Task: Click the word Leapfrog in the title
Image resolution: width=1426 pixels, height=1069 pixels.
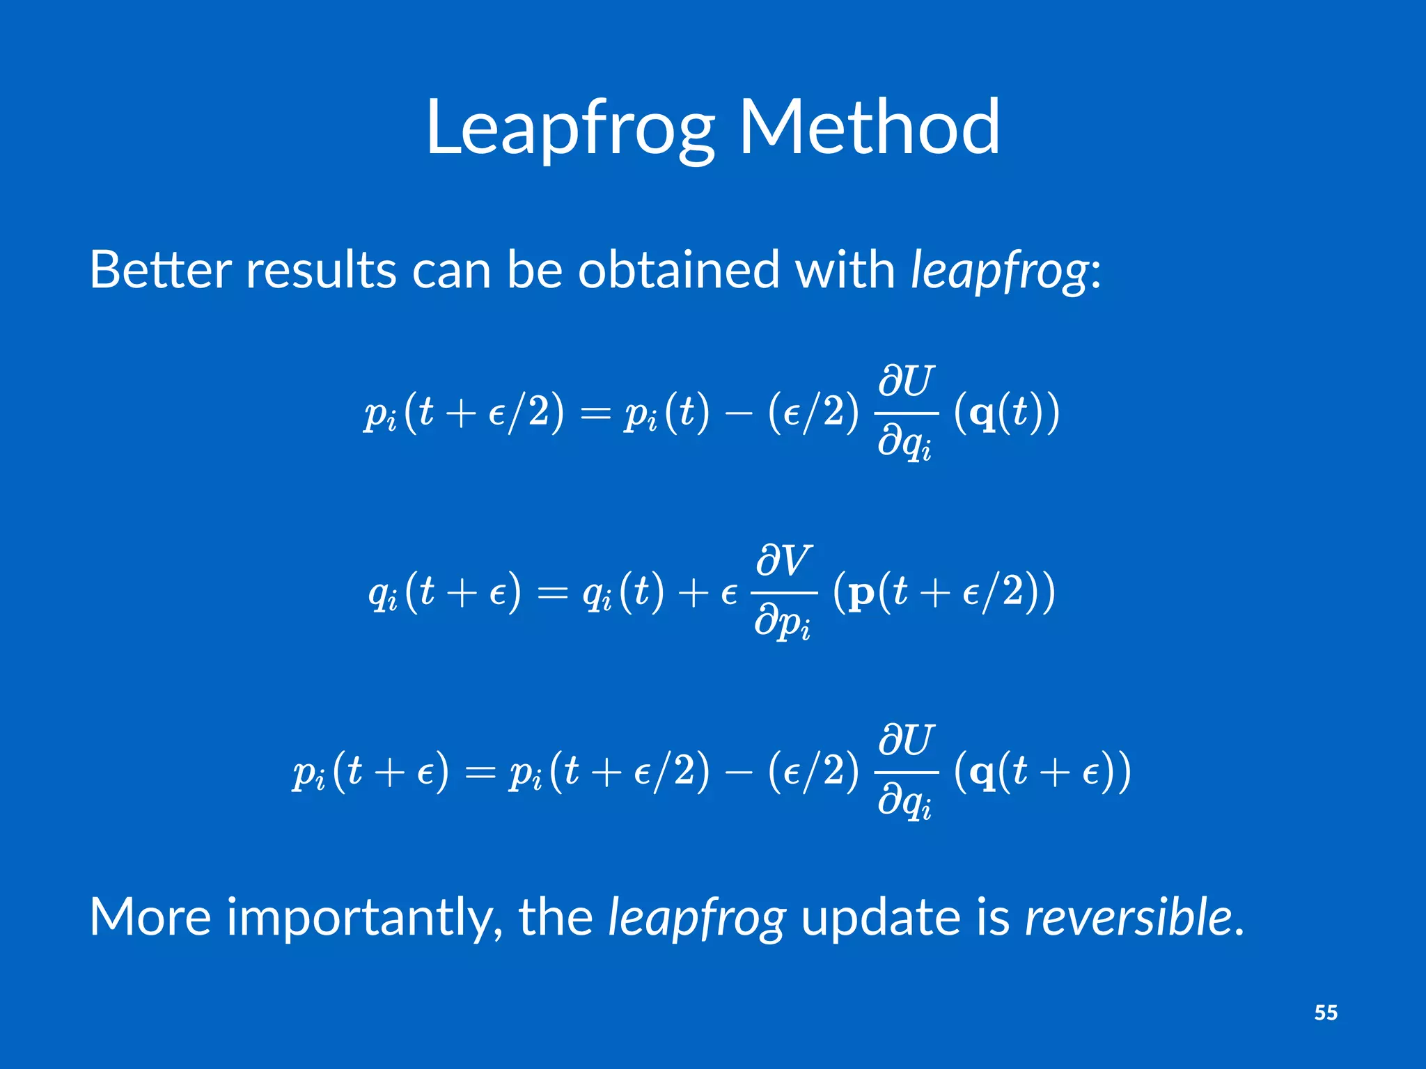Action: [x=570, y=129]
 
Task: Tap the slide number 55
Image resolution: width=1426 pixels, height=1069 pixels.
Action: [x=1325, y=1012]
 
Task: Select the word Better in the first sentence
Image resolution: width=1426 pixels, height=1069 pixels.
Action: [x=160, y=270]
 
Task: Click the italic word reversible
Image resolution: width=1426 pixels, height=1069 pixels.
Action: [x=1128, y=917]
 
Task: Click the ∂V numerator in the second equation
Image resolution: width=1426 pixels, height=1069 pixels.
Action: [x=784, y=561]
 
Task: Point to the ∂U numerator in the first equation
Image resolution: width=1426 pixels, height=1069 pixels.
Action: [x=905, y=381]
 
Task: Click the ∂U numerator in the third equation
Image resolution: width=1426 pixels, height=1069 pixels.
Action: [x=905, y=741]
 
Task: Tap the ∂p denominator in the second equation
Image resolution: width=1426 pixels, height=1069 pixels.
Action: [x=782, y=621]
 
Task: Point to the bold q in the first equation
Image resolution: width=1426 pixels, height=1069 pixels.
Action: [x=982, y=415]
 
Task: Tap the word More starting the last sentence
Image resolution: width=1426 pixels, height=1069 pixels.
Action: [x=150, y=917]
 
